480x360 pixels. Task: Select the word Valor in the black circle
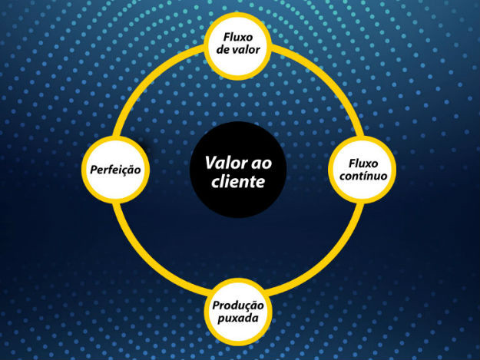pos(225,163)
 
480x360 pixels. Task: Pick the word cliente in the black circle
pos(239,182)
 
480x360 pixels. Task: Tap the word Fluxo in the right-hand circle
pos(362,163)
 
